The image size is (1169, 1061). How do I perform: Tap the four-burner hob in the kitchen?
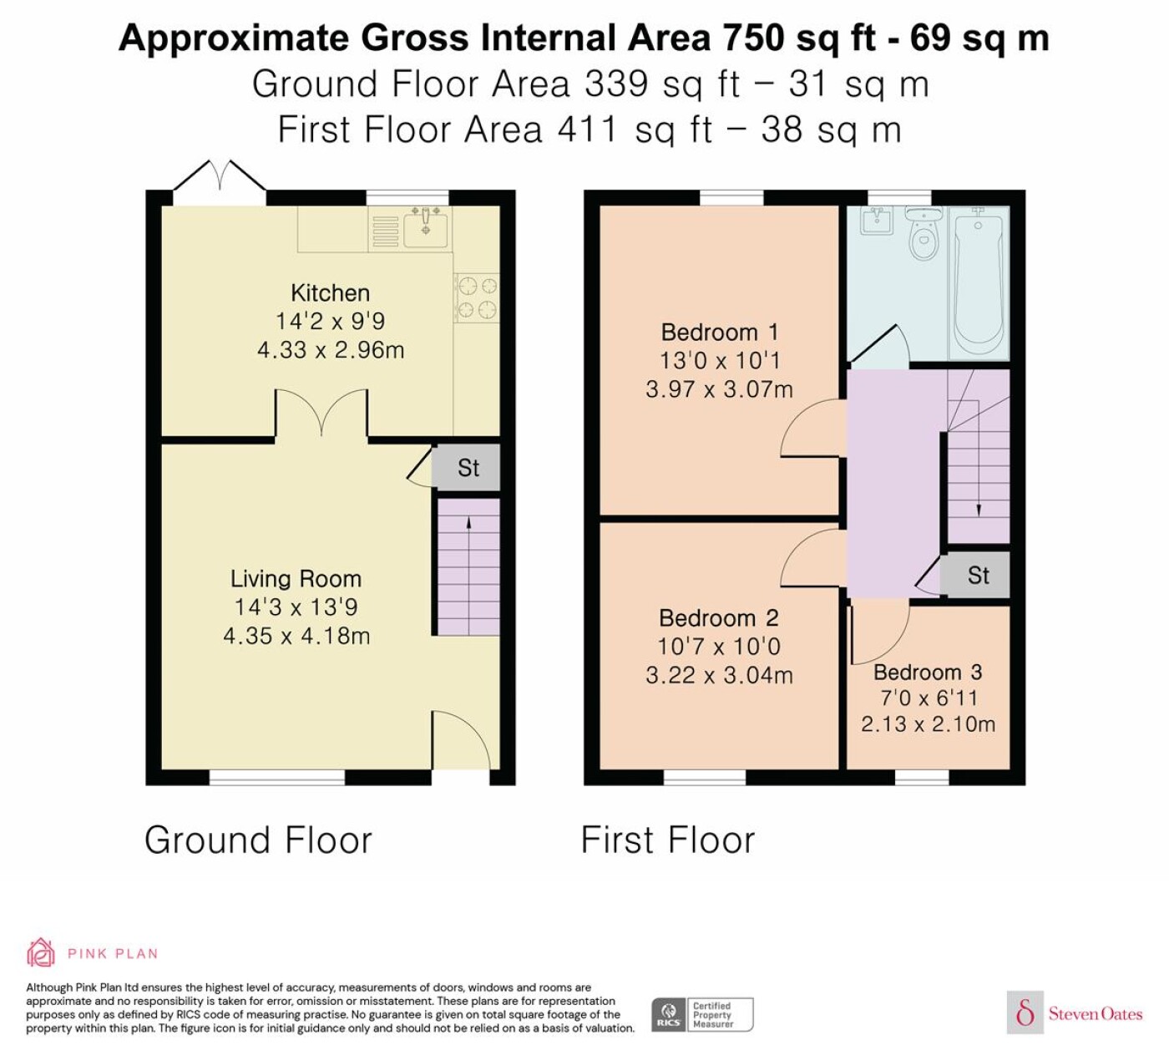click(x=477, y=297)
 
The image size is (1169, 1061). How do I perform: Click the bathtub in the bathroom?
click(x=979, y=282)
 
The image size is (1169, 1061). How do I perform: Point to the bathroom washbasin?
click(x=875, y=221)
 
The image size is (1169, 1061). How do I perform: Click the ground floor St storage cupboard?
click(x=467, y=468)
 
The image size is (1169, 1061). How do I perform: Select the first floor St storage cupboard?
click(x=975, y=575)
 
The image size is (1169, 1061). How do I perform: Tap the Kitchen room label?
click(x=330, y=292)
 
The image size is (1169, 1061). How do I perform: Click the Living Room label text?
click(x=296, y=579)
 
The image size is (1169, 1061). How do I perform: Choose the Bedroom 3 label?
click(x=928, y=673)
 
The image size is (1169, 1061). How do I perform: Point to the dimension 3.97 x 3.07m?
click(x=719, y=389)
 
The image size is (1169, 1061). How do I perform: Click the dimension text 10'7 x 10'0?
click(x=719, y=647)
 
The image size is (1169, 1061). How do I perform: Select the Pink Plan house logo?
click(x=41, y=952)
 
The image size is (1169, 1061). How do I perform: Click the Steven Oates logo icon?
click(x=1025, y=1013)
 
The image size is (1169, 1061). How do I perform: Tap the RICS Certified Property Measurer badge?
click(x=702, y=1014)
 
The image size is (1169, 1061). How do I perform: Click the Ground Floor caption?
click(x=258, y=840)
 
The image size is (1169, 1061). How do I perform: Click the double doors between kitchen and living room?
click(x=321, y=413)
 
